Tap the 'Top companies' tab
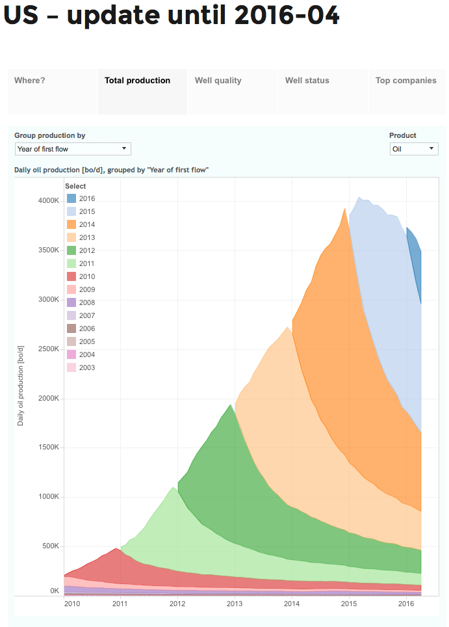(406, 81)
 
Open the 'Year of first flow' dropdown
(73, 149)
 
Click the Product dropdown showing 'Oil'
(414, 149)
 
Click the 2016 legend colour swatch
(71, 198)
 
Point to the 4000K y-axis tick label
(47, 201)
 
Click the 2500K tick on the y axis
(47, 349)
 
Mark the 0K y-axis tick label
(55, 591)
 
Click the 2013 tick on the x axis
(235, 604)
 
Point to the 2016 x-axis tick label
(407, 604)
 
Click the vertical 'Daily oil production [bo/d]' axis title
(20, 386)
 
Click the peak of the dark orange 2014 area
(344, 209)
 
